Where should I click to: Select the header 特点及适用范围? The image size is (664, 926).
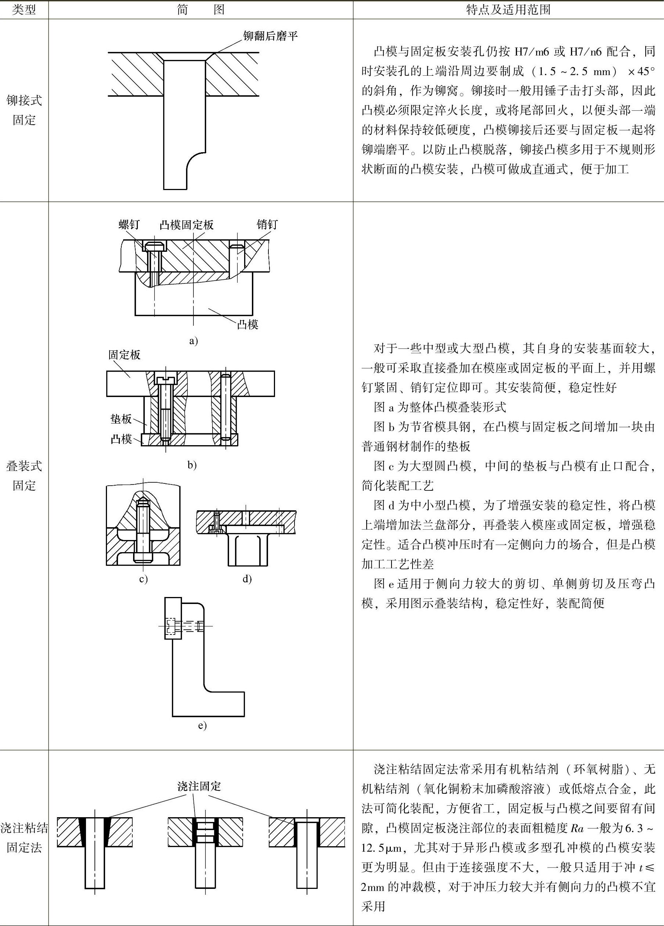pos(508,10)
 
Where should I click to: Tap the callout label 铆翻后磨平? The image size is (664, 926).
pos(270,36)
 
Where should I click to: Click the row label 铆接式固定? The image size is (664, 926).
pos(24,110)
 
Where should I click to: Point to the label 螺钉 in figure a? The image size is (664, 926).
pos(129,224)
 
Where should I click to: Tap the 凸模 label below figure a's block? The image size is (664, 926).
pos(247,325)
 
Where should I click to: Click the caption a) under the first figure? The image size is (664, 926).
pos(193,341)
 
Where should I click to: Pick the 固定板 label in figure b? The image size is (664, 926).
pos(124,354)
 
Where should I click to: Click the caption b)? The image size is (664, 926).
pos(192,465)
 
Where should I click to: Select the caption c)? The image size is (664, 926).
pos(143,579)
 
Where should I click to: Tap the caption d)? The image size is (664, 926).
pos(247,579)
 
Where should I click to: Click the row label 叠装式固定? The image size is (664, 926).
pos(24,476)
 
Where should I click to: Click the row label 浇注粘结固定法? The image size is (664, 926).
pos(24,838)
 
